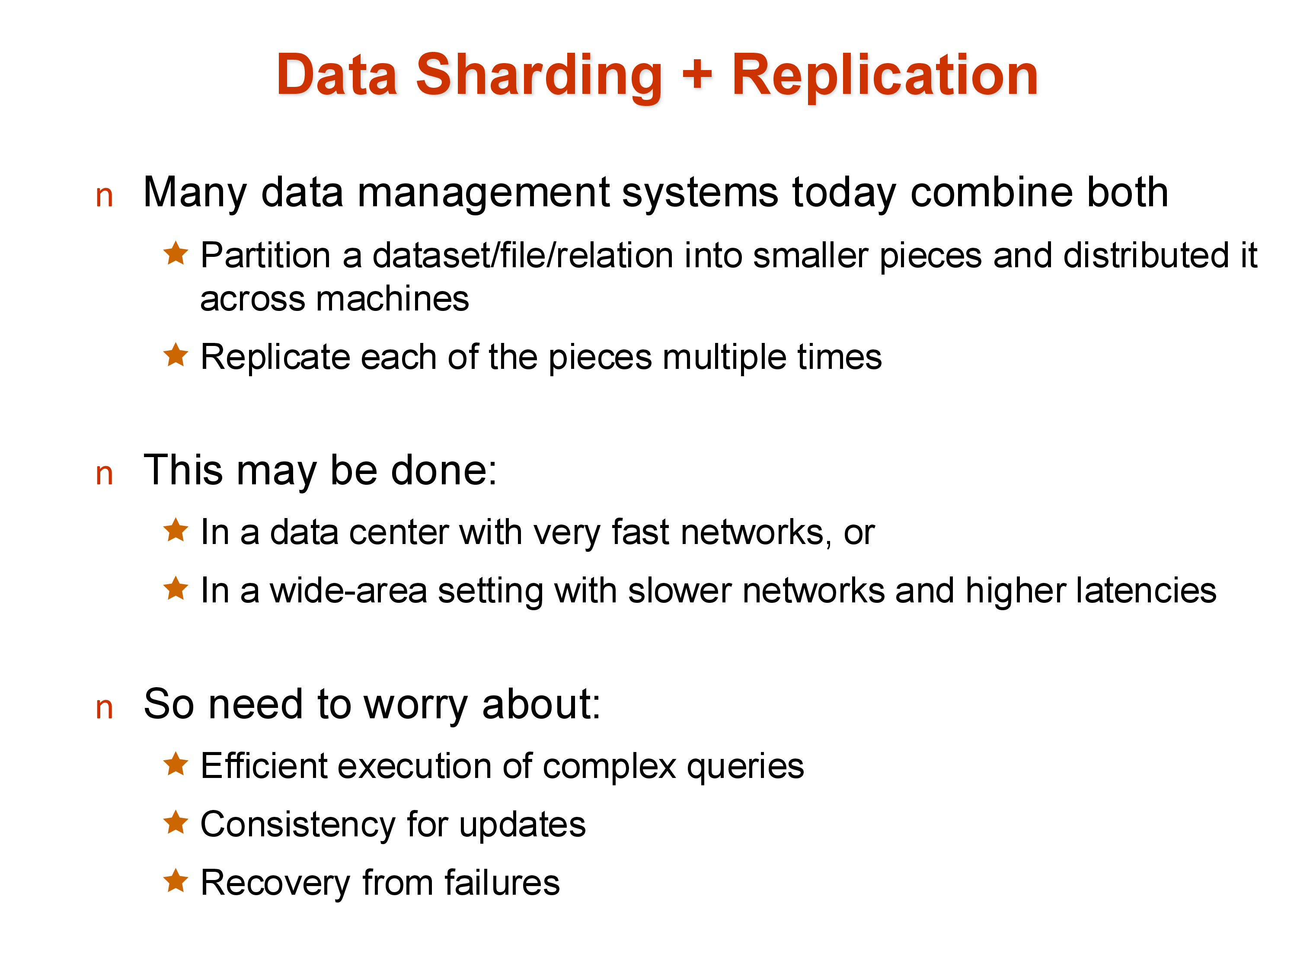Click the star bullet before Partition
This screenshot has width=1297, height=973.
(176, 253)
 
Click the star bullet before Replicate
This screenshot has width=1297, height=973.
(176, 355)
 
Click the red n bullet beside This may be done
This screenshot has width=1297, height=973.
(104, 474)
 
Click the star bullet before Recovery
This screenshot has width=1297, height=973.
(176, 880)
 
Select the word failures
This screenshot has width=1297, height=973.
(502, 883)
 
